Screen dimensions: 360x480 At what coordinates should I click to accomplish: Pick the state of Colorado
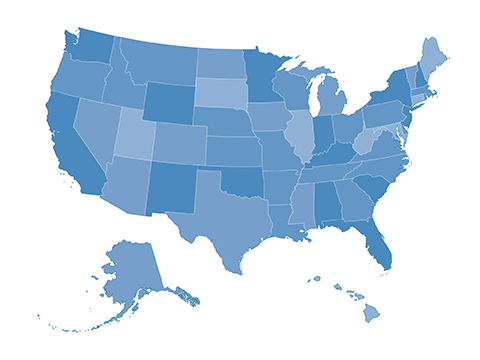[x=179, y=142]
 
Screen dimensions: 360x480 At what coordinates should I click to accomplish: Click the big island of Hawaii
[x=371, y=314]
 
